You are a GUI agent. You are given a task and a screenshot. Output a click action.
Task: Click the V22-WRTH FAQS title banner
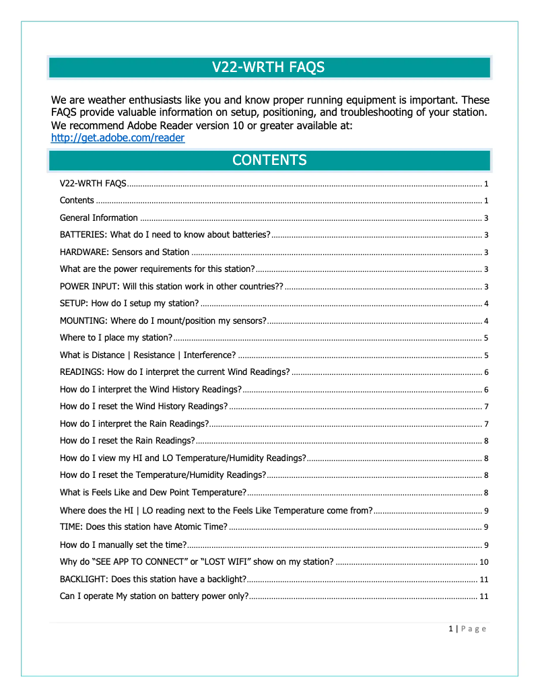(x=269, y=67)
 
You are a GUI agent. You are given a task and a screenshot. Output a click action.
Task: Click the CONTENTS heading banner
(x=269, y=160)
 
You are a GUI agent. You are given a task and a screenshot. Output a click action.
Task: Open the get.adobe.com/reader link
(x=118, y=138)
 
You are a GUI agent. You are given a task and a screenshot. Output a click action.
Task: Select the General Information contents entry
(x=98, y=218)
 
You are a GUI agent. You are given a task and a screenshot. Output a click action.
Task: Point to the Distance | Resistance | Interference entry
(x=147, y=355)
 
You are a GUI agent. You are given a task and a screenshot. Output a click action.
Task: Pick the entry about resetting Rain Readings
(x=127, y=441)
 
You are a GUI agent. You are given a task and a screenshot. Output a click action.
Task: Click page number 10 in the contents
(x=483, y=562)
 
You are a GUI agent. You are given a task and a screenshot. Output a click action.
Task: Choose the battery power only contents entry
(x=154, y=596)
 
